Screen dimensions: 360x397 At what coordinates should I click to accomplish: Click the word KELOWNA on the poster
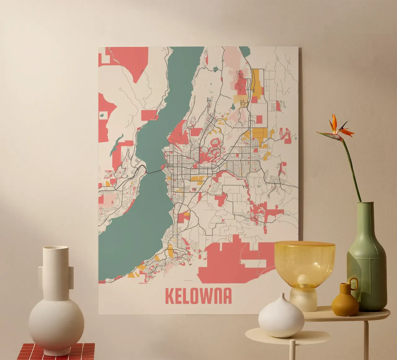pos(198,296)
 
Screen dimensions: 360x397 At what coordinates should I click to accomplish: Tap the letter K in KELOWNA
pos(169,296)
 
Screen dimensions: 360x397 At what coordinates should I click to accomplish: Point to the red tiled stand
pos(56,352)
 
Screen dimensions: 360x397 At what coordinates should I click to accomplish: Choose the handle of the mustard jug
pos(354,284)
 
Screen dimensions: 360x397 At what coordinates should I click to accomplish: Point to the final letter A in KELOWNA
pos(227,296)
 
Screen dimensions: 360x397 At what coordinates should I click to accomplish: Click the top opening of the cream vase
pos(56,248)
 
